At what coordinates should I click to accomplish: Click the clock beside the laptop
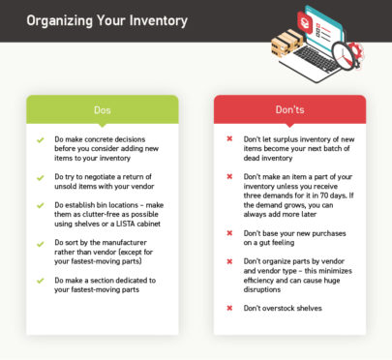tap(345, 50)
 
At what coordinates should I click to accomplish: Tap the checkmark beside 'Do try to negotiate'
tap(41, 178)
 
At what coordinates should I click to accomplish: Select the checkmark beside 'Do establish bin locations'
tap(41, 206)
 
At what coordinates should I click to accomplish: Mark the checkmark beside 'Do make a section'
tap(41, 281)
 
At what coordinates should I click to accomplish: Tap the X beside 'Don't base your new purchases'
tap(229, 233)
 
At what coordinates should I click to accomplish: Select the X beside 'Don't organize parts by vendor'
tap(229, 261)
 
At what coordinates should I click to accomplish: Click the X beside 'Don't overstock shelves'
tap(229, 308)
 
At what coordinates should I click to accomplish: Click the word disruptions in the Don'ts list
tap(265, 289)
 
